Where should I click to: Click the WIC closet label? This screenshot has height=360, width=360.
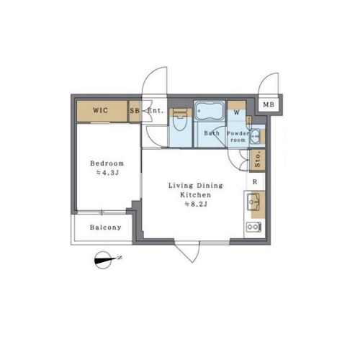click(100, 111)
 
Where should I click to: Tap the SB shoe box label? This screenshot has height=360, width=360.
click(135, 111)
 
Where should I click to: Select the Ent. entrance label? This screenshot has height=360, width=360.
click(156, 111)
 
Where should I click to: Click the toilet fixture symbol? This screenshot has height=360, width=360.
click(180, 120)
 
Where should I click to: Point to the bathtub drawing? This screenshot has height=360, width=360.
click(210, 111)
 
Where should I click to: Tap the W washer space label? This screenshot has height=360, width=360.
click(237, 112)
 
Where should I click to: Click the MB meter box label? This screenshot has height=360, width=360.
click(269, 104)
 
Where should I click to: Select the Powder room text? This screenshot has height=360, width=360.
click(238, 137)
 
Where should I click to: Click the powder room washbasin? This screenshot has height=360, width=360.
click(255, 136)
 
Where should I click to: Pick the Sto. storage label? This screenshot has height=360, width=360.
click(257, 160)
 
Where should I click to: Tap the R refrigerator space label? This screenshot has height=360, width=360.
click(255, 182)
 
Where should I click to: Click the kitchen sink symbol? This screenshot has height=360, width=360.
click(253, 202)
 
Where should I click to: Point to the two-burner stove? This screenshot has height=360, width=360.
click(254, 227)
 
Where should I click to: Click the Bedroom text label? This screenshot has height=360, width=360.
click(107, 163)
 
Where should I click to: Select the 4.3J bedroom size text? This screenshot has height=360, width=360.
click(107, 173)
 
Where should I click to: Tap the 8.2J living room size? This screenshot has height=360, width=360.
click(196, 204)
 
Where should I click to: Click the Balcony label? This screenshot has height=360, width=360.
click(106, 228)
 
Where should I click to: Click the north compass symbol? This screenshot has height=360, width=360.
click(104, 260)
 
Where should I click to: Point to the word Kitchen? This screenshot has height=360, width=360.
click(196, 195)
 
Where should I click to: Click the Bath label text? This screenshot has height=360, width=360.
click(212, 133)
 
